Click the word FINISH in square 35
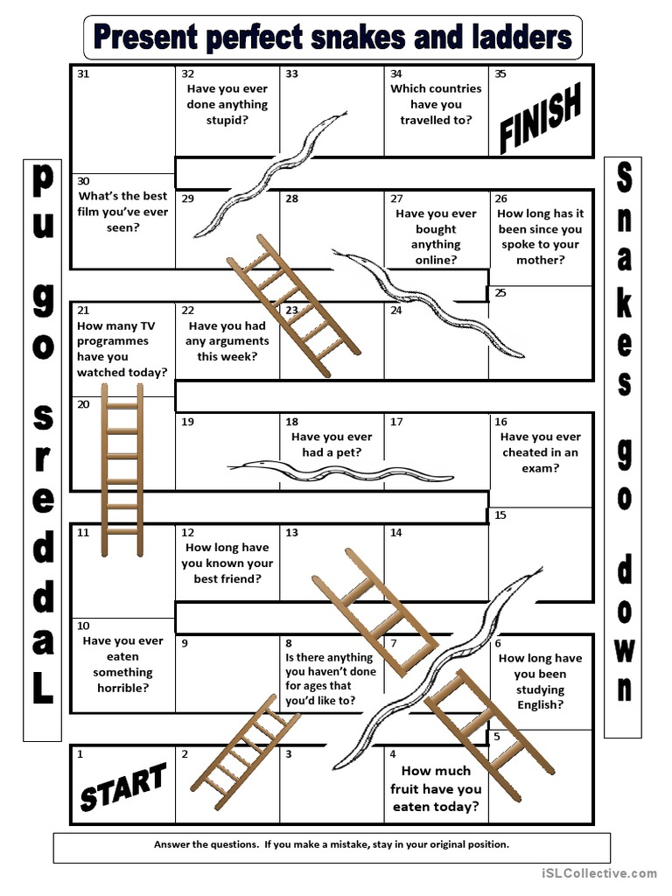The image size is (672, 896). (540, 120)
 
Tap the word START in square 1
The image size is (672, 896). (122, 785)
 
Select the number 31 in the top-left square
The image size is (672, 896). (83, 74)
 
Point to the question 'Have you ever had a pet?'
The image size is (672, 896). (332, 444)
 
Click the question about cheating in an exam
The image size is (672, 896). (540, 452)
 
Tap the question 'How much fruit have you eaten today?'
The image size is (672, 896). (436, 788)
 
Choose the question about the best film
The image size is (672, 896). (122, 212)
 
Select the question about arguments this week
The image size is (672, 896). (227, 341)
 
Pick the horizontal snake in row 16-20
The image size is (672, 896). (339, 471)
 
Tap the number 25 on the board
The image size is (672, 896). (500, 293)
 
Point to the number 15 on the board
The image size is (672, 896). (500, 515)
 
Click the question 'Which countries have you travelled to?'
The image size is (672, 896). (436, 104)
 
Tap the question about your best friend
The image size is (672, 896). (227, 563)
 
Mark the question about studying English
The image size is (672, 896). (540, 682)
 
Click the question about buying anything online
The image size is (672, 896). (436, 236)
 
